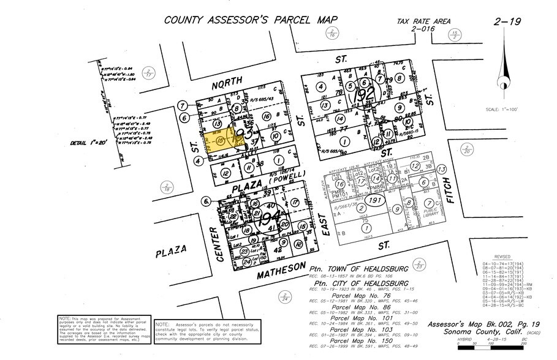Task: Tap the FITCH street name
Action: coord(447,191)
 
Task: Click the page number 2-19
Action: coord(507,22)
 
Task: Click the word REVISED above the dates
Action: coord(496,257)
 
